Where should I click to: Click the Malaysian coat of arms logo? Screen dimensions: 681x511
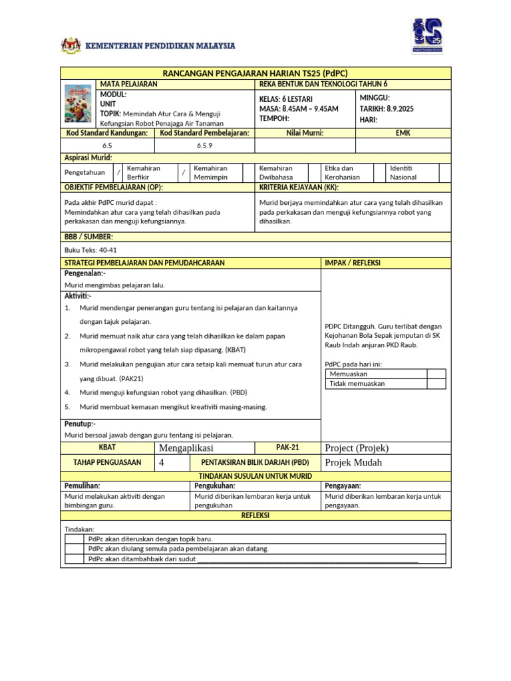70,46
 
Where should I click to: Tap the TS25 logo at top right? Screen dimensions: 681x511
427,37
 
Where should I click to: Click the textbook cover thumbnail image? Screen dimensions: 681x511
79,104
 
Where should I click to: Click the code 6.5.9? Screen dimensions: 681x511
204,145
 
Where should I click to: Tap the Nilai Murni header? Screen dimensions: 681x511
305,133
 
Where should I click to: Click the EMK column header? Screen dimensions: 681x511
403,133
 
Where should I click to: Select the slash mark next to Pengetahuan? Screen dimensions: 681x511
118,173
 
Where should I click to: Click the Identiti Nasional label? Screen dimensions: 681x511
403,173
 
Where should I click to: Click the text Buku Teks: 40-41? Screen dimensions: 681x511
90,250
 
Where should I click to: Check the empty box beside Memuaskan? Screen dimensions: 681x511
436,374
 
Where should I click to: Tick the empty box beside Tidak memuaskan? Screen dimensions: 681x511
436,384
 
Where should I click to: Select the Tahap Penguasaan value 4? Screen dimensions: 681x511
162,462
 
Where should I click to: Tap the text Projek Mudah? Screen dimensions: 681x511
353,462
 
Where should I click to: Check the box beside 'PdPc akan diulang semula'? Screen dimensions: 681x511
75,549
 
